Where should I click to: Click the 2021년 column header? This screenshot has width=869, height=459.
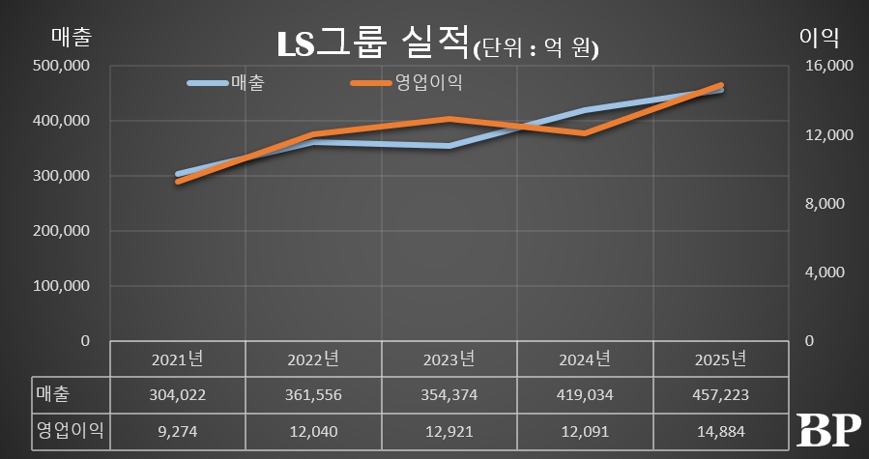(178, 359)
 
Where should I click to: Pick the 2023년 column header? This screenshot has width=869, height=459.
(449, 359)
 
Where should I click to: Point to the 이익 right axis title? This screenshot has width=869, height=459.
(818, 38)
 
